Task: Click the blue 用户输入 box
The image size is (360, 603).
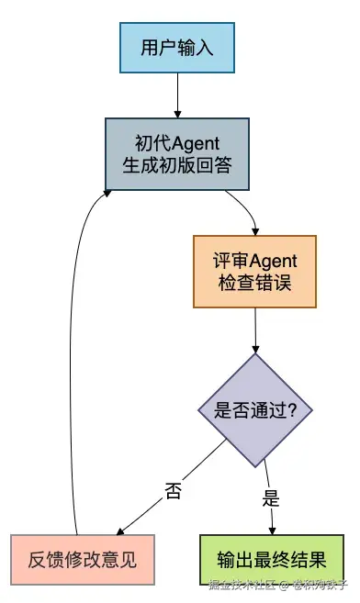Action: click(x=176, y=47)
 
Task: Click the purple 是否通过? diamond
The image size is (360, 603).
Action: click(x=254, y=410)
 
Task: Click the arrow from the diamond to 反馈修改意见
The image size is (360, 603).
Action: click(x=174, y=486)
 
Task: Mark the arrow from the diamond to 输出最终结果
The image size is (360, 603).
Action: click(x=267, y=496)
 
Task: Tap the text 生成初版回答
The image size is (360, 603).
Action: click(x=177, y=164)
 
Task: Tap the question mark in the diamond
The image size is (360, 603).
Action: click(x=291, y=410)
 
